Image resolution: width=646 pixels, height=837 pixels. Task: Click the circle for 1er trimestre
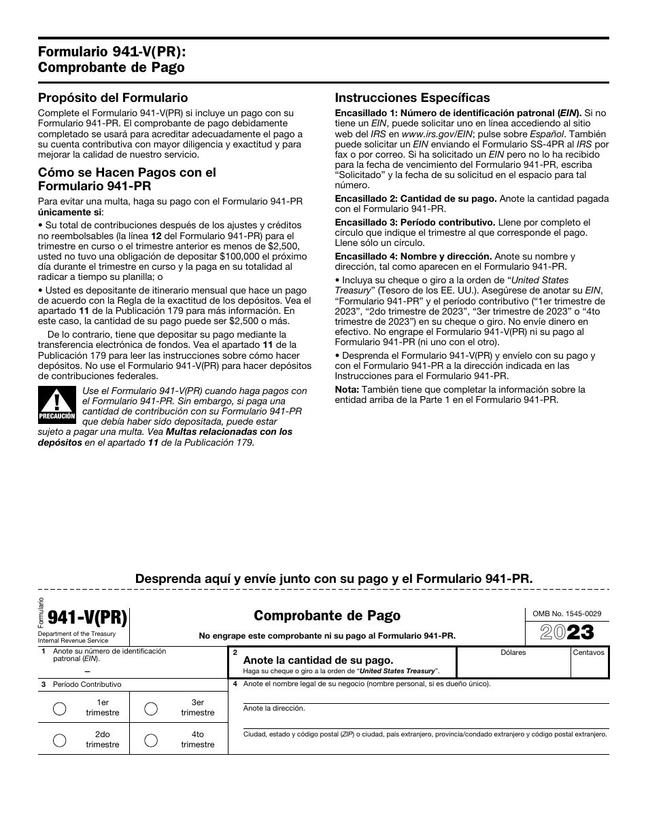pos(60,708)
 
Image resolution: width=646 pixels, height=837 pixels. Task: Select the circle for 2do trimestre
pos(60,740)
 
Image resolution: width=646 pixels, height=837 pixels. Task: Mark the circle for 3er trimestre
pos(152,708)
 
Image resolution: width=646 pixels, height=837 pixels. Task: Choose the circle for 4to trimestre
pos(152,740)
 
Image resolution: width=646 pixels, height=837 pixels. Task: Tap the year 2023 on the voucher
pos(566,633)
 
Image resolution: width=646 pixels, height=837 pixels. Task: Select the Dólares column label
pos(513,653)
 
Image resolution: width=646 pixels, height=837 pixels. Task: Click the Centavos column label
pos(589,653)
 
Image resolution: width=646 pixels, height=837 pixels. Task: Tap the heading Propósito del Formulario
pos(113,98)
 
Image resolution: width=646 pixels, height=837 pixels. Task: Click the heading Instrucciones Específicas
pos(412,98)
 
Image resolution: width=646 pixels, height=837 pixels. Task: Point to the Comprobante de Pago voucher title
pos(327,616)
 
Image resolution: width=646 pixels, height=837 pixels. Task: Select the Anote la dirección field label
pos(274,708)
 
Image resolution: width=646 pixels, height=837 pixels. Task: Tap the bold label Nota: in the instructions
pos(347,389)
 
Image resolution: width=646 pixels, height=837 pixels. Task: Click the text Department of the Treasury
pos(77,634)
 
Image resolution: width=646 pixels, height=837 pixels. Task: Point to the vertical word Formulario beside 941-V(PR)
pos(41,612)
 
